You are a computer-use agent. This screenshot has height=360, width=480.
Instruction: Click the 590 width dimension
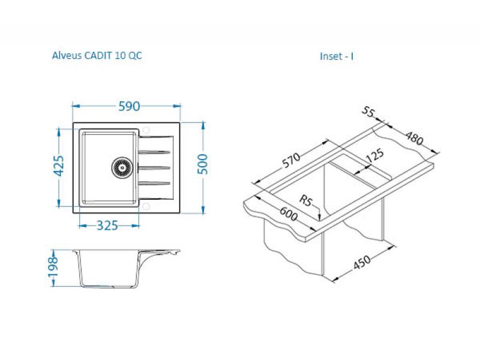[129, 106]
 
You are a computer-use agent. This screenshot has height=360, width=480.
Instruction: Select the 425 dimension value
[59, 166]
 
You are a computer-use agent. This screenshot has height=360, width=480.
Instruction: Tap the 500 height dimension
[202, 164]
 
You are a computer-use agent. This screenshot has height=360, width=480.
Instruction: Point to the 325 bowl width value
[107, 226]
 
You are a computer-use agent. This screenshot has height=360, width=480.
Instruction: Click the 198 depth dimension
[53, 266]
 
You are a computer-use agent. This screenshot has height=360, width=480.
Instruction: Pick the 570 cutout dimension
[291, 160]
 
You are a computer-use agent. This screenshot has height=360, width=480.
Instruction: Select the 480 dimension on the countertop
[415, 138]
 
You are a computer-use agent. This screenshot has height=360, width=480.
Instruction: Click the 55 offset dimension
[368, 112]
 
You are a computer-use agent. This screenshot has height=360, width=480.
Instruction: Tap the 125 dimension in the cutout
[374, 155]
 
